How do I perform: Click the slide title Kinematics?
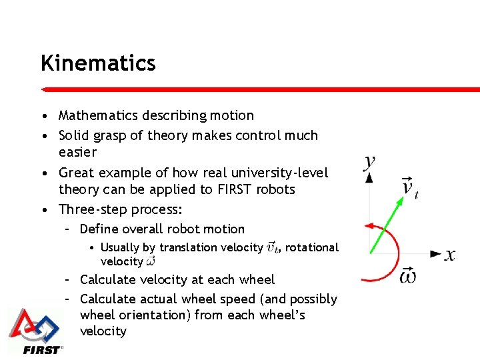97,63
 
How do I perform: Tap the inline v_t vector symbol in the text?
273,247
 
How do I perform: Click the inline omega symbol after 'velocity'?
150,262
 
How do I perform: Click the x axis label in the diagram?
450,254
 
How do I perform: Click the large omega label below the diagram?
408,275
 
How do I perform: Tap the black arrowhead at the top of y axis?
369,177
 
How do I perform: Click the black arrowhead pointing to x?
436,254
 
